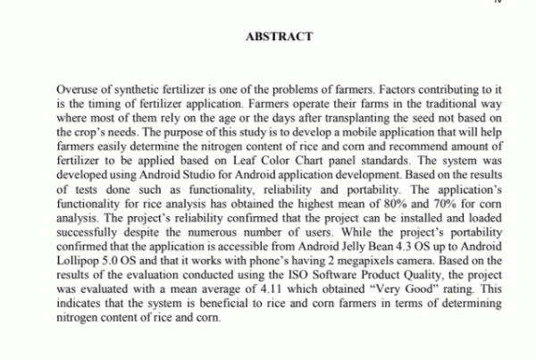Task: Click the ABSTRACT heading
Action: point(278,37)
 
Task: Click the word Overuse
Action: point(77,91)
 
